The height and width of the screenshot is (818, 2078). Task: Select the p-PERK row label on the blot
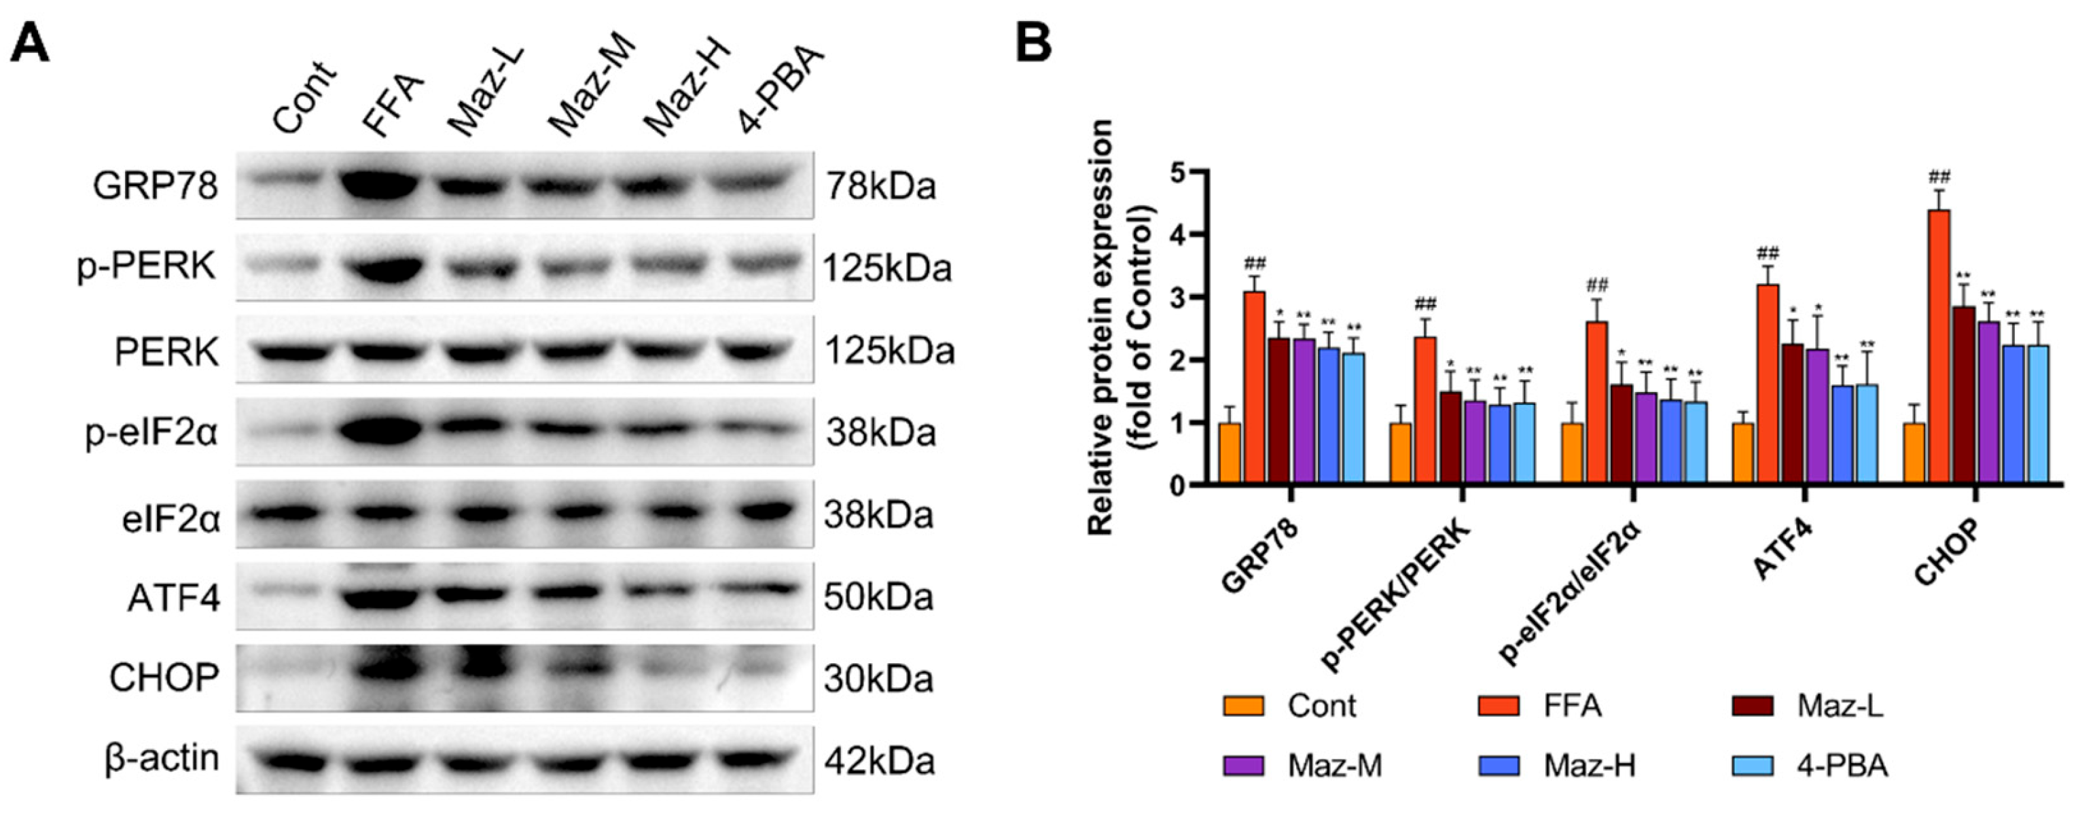click(147, 266)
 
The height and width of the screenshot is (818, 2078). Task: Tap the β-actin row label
click(162, 758)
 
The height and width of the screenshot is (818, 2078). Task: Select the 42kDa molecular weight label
click(878, 762)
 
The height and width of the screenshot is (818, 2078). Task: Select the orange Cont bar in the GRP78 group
click(1230, 453)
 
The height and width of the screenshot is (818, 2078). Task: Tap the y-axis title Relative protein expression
click(1100, 327)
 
